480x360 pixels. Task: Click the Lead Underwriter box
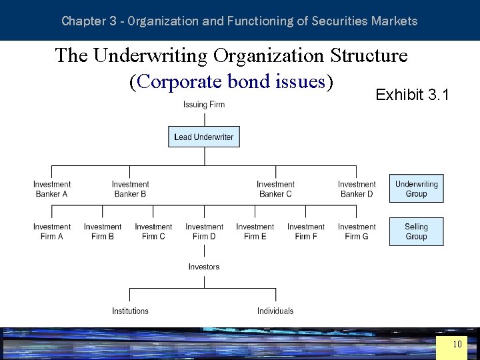point(204,137)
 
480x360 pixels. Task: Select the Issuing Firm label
point(204,105)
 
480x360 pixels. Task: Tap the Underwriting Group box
point(416,189)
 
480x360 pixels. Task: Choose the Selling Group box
point(416,231)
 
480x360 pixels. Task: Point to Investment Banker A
point(52,189)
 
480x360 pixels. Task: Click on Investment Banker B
point(131,189)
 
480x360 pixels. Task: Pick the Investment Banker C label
point(275,189)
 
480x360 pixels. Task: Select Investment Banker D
point(357,189)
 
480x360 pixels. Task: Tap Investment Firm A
point(52,231)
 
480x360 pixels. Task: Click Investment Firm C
point(153,231)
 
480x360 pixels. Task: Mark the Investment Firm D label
point(204,231)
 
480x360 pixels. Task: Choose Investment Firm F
point(306,231)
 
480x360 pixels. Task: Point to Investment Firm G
point(357,231)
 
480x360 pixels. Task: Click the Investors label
point(204,267)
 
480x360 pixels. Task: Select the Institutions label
point(130,311)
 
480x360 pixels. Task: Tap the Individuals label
point(275,311)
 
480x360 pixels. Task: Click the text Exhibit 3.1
point(413,95)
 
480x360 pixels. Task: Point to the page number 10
point(457,345)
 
